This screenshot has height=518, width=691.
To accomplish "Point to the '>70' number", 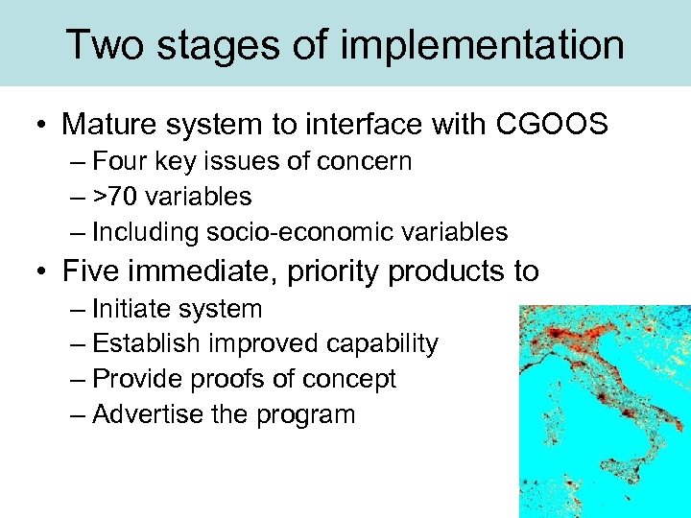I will click(x=113, y=197).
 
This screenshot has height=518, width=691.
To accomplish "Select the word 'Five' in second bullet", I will click(x=91, y=271).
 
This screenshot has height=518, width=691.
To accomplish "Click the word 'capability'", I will click(x=382, y=343).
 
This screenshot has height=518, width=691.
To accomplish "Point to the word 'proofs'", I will click(x=223, y=379).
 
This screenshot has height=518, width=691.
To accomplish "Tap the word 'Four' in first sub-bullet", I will click(x=114, y=161).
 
